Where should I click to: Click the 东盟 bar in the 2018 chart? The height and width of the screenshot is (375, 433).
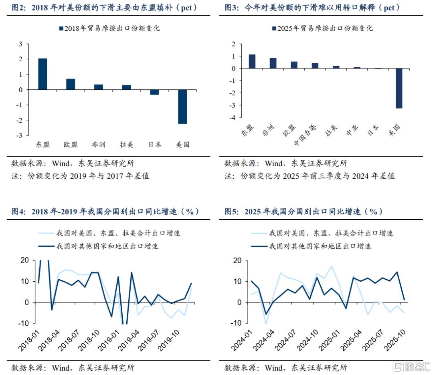(42, 74)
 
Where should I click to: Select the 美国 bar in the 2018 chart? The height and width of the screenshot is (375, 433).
(182, 107)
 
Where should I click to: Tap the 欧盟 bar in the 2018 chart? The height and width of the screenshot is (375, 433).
(71, 84)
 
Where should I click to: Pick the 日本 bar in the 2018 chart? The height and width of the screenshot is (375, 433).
(154, 92)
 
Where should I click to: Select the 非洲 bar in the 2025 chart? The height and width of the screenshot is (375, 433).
(273, 63)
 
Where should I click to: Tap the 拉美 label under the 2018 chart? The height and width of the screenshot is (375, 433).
(127, 145)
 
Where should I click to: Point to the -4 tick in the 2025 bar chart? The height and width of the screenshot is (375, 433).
(233, 117)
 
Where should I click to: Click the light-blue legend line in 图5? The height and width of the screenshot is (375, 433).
(259, 233)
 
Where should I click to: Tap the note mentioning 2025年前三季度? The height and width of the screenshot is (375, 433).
(310, 176)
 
